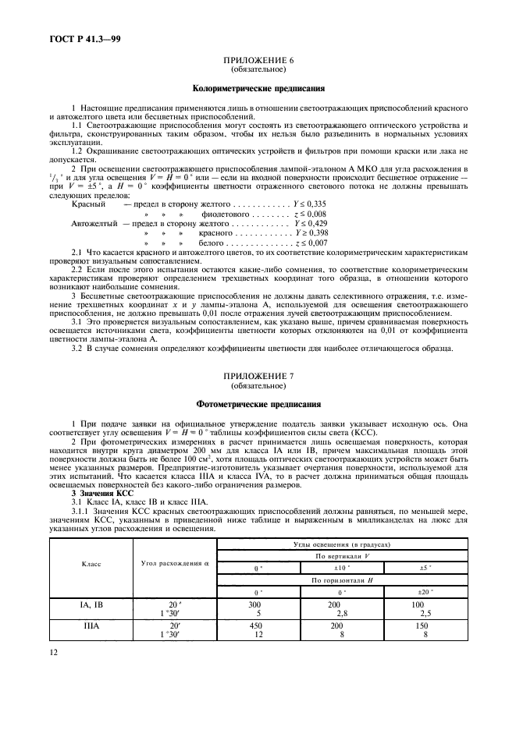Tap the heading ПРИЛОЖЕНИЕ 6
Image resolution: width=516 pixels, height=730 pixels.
(258, 60)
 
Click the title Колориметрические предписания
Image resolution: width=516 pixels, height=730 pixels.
(258, 88)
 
